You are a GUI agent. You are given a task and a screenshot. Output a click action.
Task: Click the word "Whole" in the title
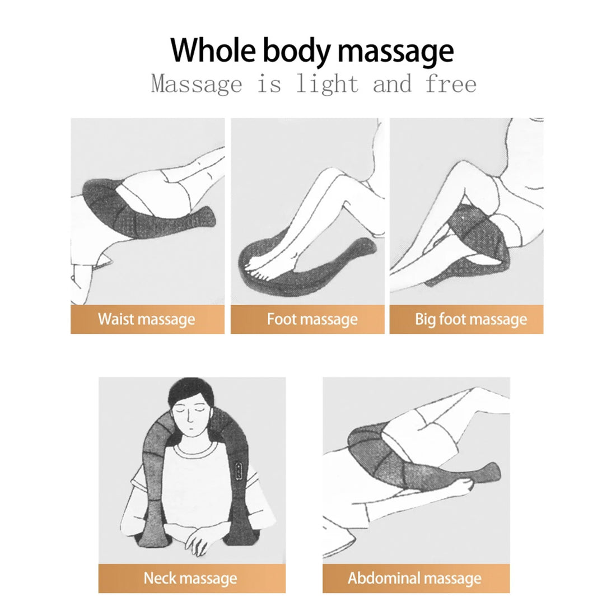click(x=213, y=50)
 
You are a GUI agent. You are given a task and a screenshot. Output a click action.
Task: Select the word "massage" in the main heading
click(x=395, y=53)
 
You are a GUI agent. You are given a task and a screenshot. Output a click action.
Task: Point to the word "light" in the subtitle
click(x=327, y=84)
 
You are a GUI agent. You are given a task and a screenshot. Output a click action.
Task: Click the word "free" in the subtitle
click(x=451, y=83)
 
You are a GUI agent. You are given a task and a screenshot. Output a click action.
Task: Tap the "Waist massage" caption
click(x=147, y=319)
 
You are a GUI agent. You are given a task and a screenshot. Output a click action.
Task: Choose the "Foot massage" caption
click(x=312, y=319)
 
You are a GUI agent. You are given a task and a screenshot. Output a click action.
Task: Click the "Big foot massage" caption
click(x=471, y=319)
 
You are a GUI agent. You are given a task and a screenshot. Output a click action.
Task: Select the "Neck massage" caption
click(x=190, y=578)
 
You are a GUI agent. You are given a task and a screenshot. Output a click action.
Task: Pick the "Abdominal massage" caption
click(x=414, y=578)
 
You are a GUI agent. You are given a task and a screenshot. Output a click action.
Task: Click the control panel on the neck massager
click(x=239, y=470)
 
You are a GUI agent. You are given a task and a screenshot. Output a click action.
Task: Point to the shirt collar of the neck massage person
click(x=194, y=449)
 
